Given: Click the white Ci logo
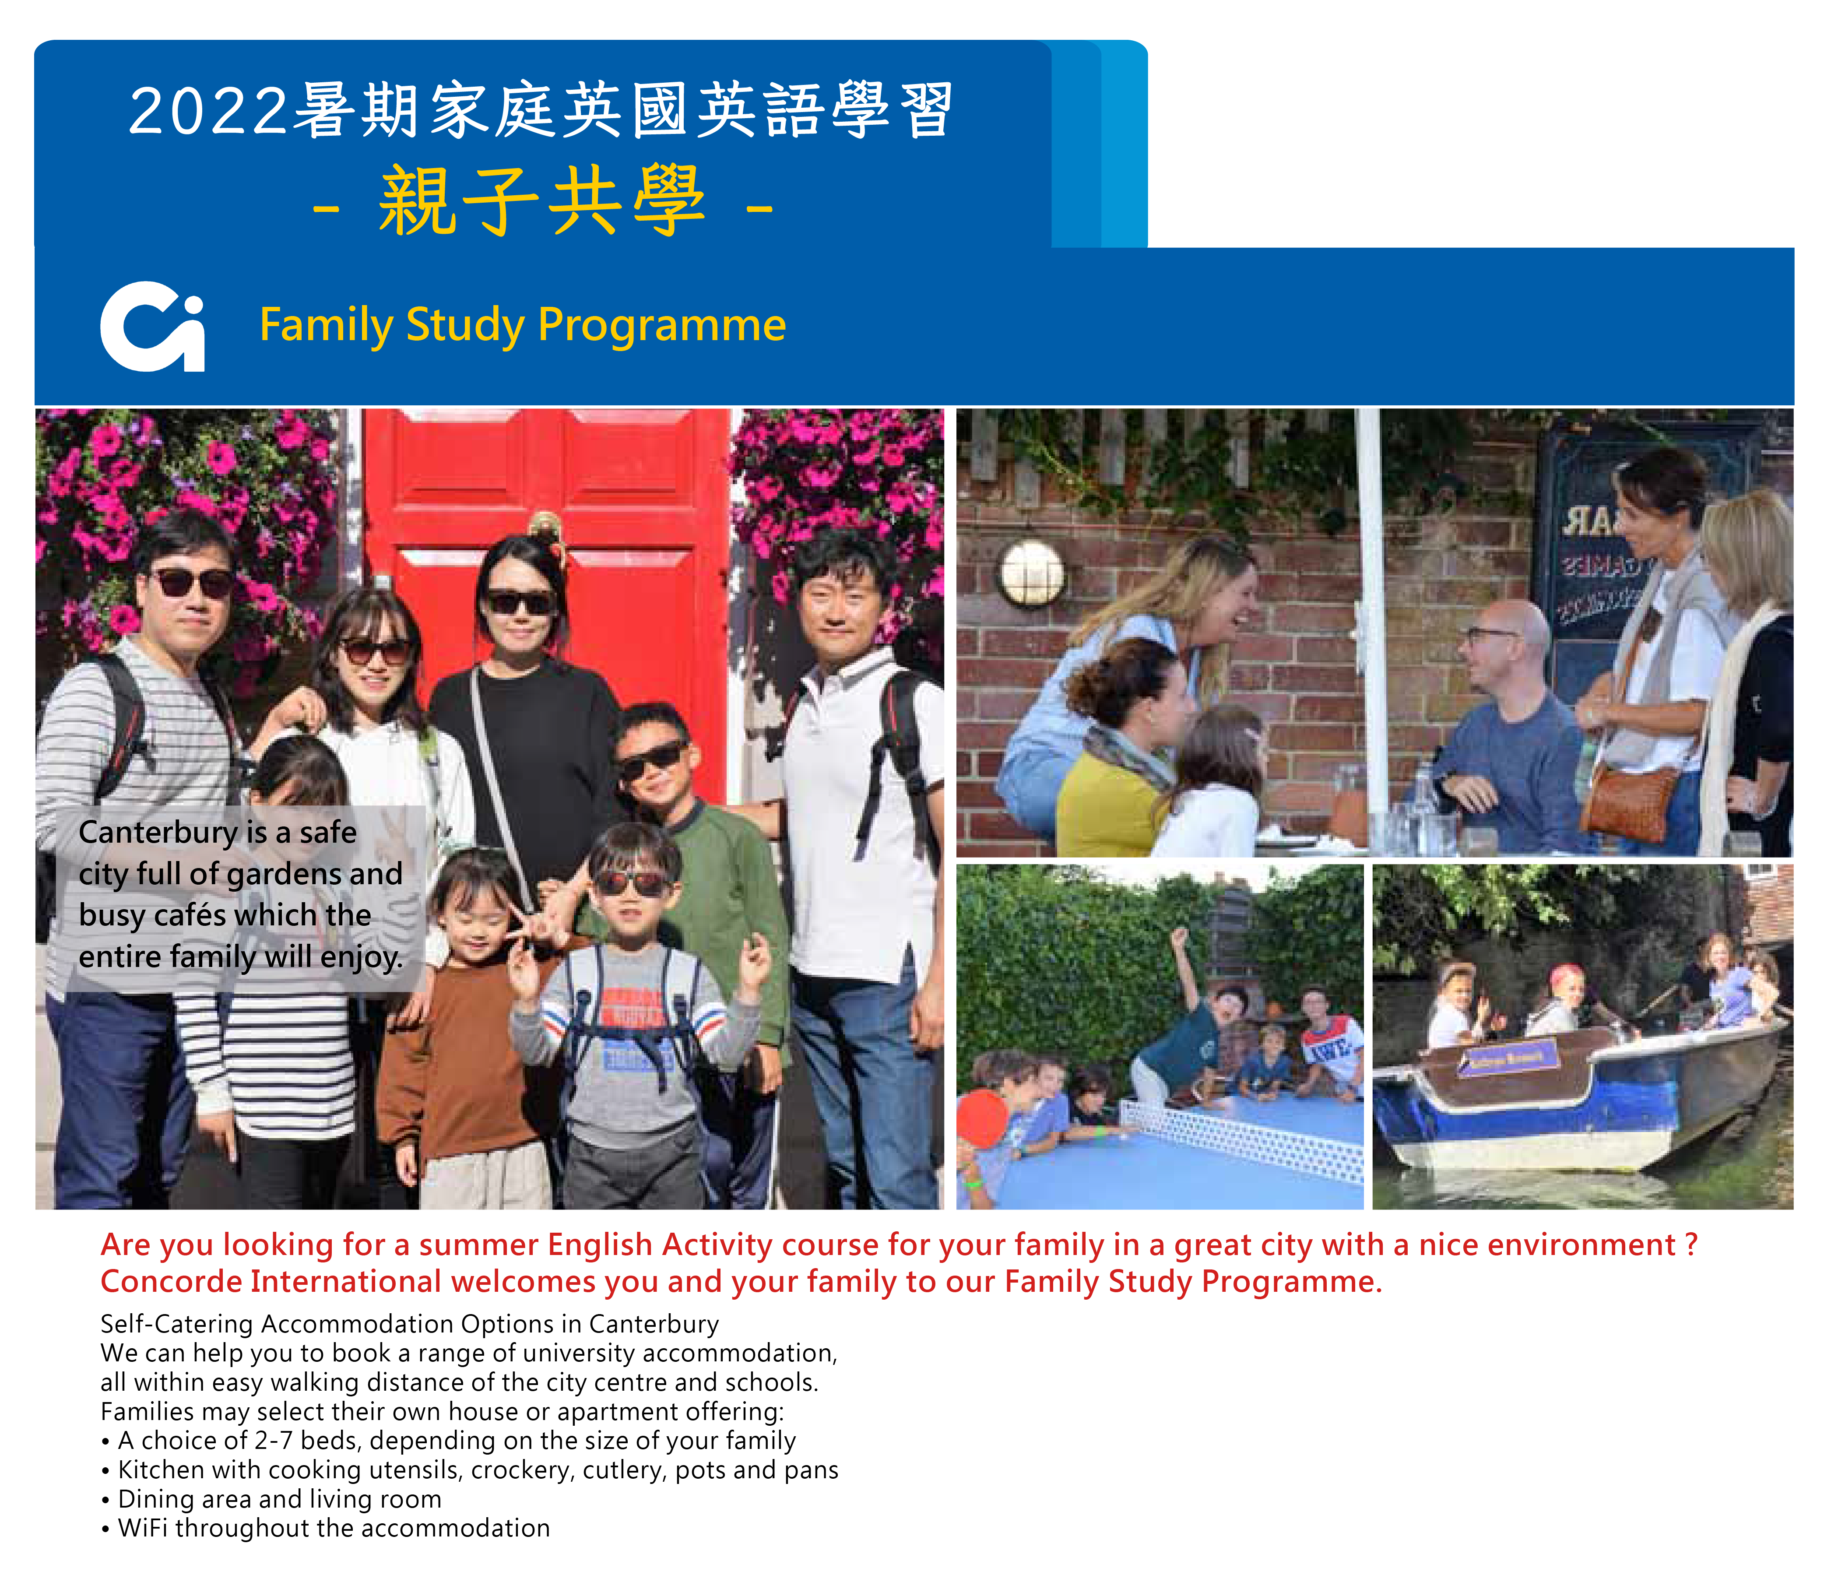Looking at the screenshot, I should (152, 326).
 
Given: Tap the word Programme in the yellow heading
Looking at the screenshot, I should (661, 324).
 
